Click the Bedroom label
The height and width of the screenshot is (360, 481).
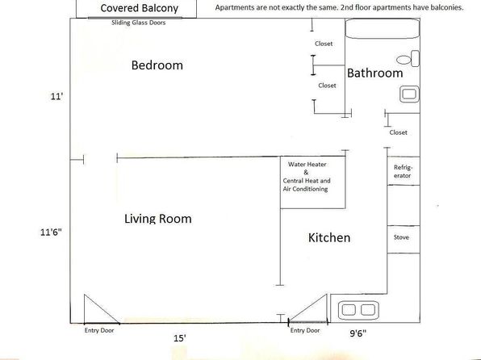coord(157,65)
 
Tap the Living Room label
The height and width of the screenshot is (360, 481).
coord(158,219)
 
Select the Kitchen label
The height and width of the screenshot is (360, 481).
coord(329,237)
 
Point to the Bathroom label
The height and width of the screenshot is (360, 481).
coord(374,73)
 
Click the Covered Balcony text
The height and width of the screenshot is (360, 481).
coord(140,8)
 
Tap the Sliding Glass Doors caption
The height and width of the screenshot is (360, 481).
coord(138,23)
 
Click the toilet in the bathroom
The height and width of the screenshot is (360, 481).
coord(408,59)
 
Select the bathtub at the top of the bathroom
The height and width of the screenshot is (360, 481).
coord(383,28)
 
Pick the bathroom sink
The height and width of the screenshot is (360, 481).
coord(409,94)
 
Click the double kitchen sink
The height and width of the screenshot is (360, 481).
coord(358,310)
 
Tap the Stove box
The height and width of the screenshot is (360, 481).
coord(404,240)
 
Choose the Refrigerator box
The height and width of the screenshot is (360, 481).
coord(404,171)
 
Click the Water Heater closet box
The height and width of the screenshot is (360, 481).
coord(313,182)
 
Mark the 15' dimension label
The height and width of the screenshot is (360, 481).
coord(180,338)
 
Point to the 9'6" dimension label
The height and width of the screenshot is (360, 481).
coord(358,333)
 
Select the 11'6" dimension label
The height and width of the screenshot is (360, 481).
coord(51,232)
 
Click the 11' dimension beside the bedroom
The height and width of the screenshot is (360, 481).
coord(56,96)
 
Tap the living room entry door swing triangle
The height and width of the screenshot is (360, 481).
coord(102,309)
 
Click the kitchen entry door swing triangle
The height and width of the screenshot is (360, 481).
coord(308,308)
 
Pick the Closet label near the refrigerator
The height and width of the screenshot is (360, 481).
coord(398,132)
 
